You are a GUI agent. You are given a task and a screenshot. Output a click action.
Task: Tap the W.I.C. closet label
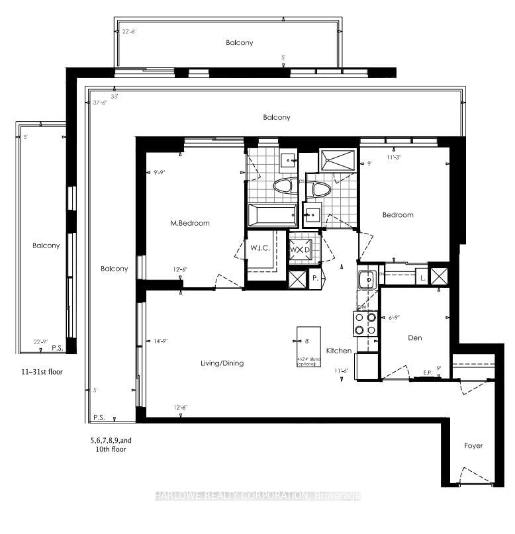pyautogui.click(x=259, y=248)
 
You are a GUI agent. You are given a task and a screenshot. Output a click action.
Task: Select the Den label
pyautogui.click(x=414, y=337)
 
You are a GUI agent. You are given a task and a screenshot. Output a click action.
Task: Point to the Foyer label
pyautogui.click(x=473, y=445)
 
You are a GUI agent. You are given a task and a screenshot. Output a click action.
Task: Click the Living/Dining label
pyautogui.click(x=222, y=363)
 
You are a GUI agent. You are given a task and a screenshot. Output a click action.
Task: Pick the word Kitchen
pyautogui.click(x=338, y=351)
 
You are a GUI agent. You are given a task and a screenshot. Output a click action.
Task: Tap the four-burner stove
pyautogui.click(x=365, y=324)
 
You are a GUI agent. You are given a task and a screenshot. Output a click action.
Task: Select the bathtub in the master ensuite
pyautogui.click(x=272, y=216)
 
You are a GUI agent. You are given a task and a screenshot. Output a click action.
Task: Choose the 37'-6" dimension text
pyautogui.click(x=101, y=102)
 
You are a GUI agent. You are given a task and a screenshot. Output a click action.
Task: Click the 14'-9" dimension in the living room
pyautogui.click(x=162, y=341)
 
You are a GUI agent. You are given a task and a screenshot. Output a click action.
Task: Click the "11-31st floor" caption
pyautogui.click(x=41, y=372)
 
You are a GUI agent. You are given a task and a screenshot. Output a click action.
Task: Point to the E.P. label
pyautogui.click(x=428, y=373)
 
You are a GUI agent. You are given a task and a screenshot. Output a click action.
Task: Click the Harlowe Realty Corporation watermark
pyautogui.click(x=257, y=496)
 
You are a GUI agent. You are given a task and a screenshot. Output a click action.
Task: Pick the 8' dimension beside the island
pyautogui.click(x=306, y=341)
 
